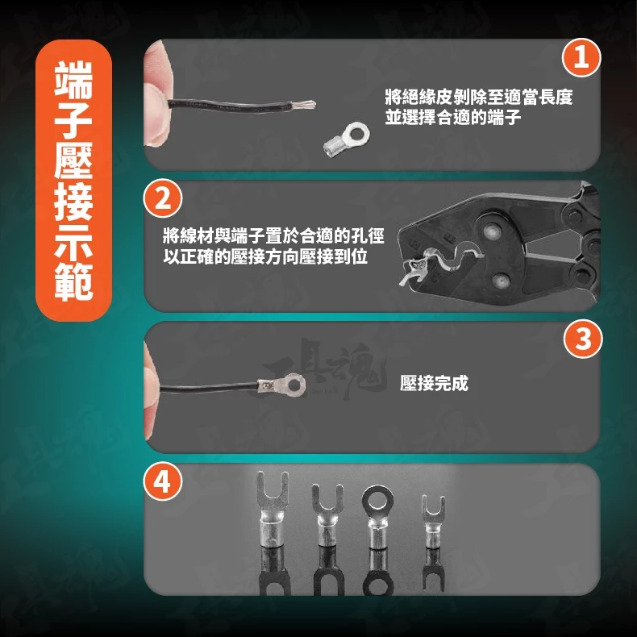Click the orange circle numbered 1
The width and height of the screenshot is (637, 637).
pos(581,57)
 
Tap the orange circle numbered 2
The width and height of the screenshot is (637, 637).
pos(163,198)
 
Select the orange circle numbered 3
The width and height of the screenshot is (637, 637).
pos(583,339)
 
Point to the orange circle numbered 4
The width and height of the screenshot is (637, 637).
pos(163,482)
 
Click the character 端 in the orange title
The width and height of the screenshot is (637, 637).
pos(73,81)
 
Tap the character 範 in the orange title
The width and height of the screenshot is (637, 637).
pos(73,282)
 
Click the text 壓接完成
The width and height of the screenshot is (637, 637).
pos(434,383)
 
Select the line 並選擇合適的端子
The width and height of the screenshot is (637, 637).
pos(453,117)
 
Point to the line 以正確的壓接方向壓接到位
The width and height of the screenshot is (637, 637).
pos(265,256)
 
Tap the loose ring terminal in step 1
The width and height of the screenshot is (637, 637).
pos(347,139)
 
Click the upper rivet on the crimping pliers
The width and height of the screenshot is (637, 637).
pos(493,232)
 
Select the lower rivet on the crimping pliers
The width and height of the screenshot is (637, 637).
pos(500,280)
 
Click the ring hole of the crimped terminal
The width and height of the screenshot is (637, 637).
pos(294,383)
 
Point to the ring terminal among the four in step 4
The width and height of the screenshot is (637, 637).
pos(377,517)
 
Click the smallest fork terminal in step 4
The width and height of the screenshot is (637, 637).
pos(433,521)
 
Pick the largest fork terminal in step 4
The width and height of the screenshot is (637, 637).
pos(273,510)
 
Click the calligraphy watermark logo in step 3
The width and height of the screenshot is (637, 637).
pos(323,368)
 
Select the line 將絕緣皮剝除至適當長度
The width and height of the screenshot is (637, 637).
pos(479,97)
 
